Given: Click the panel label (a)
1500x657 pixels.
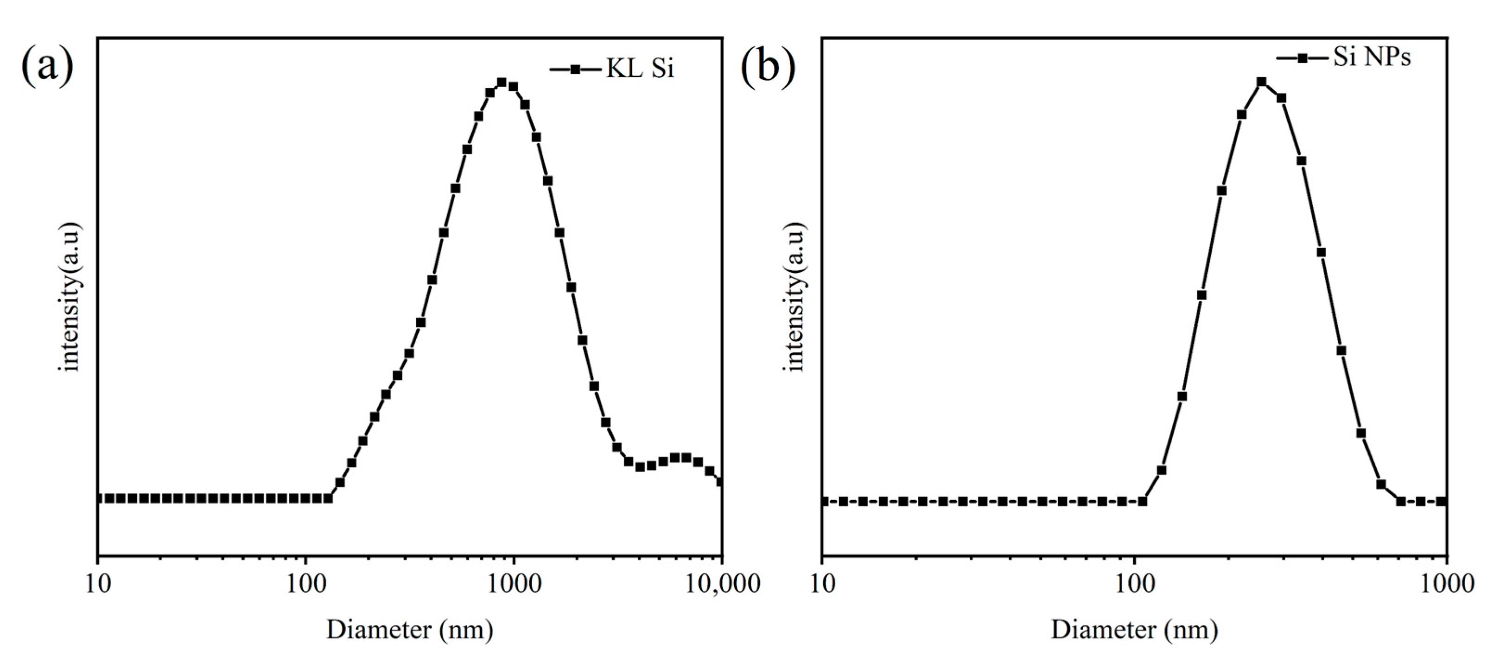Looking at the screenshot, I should tap(48, 68).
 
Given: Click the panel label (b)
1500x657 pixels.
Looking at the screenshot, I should tap(768, 68).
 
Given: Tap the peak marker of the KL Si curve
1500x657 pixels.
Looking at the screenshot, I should tap(502, 82).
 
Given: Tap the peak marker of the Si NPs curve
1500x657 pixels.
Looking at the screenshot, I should tap(1262, 82).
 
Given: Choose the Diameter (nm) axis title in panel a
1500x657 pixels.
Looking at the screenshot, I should tap(410, 630).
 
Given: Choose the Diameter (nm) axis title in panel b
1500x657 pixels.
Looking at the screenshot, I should tap(1134, 630).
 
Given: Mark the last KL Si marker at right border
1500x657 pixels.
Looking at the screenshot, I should tap(720, 481).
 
